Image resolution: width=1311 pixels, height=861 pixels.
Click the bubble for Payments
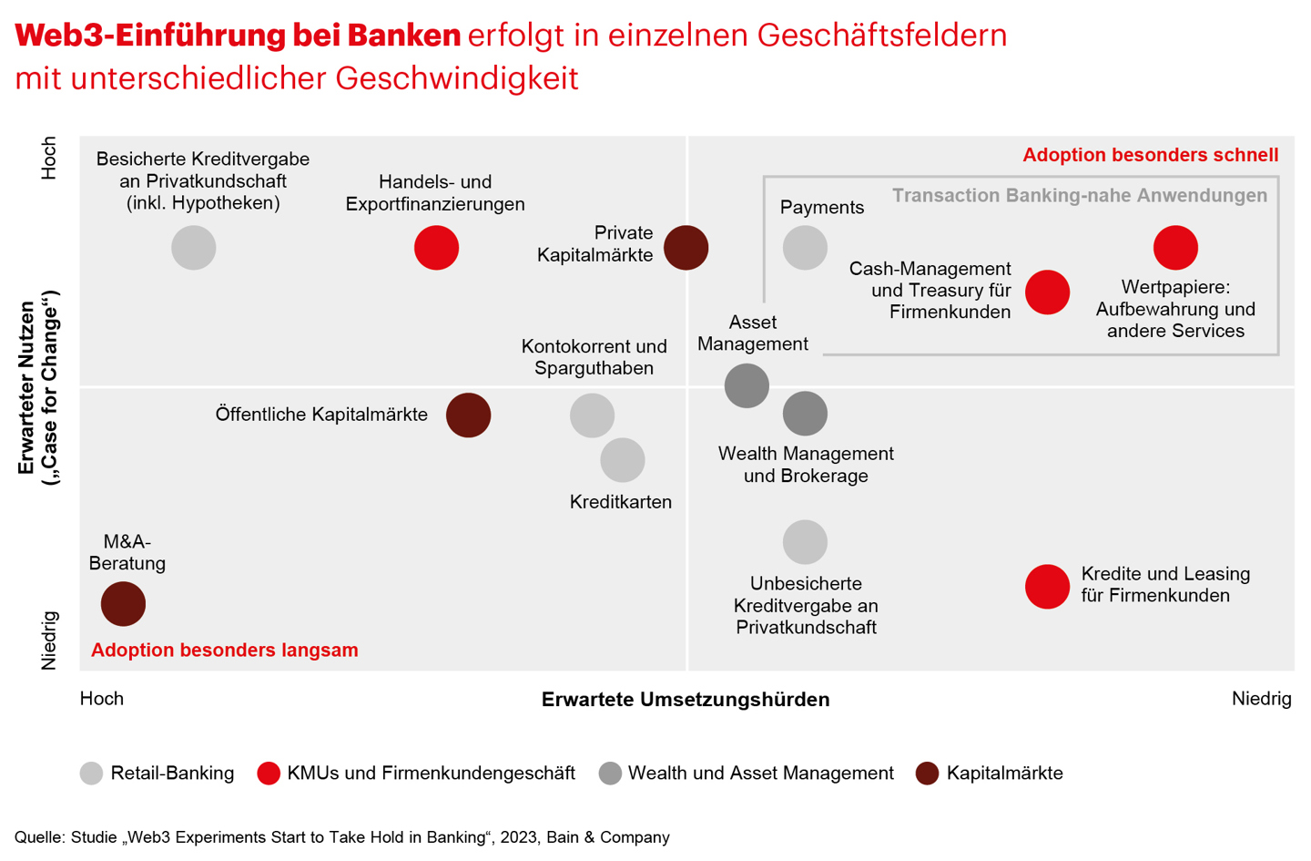[805, 248]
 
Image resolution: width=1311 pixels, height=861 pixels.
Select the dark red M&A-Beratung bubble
[123, 604]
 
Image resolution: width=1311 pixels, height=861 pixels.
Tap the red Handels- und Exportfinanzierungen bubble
[436, 248]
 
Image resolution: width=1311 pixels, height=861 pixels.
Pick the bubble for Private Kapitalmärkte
[686, 248]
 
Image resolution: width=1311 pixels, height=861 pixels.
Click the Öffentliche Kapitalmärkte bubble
[468, 415]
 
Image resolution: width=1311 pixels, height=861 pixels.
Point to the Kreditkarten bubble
[623, 460]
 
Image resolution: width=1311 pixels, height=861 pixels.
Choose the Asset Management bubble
[747, 385]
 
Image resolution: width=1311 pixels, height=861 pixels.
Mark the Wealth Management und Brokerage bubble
[805, 414]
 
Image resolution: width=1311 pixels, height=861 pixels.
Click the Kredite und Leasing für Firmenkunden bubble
[1047, 586]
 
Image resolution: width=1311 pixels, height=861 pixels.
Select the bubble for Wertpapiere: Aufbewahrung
[1175, 248]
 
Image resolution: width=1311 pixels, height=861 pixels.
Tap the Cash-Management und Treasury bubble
[1047, 292]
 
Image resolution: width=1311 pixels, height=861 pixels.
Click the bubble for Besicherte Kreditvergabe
[194, 248]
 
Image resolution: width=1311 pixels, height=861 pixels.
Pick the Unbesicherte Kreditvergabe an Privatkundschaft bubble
[805, 542]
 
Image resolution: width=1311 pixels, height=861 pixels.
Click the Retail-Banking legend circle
[91, 774]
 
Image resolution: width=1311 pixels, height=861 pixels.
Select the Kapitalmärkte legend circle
[927, 774]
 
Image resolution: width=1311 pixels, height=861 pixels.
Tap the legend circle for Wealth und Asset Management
[610, 774]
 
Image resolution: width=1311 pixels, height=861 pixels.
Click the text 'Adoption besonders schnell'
[1150, 155]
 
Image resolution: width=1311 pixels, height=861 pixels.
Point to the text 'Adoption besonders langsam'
[225, 651]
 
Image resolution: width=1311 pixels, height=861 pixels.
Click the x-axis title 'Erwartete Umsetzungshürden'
[686, 700]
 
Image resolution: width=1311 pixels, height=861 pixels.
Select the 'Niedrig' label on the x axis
[1261, 699]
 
